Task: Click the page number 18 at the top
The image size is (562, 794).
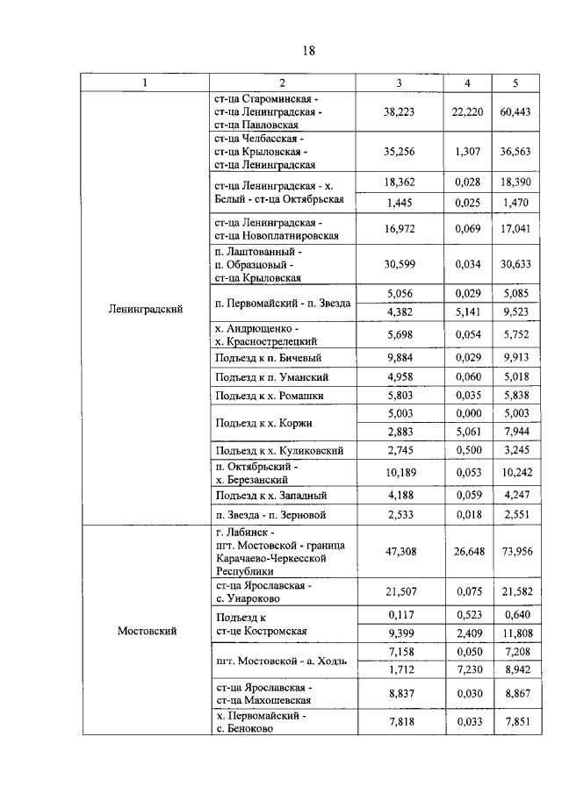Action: tap(308, 50)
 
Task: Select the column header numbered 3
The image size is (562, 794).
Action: tap(399, 82)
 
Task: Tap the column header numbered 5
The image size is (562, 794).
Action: tap(515, 82)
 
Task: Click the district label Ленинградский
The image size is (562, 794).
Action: tap(146, 309)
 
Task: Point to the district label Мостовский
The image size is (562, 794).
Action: tap(146, 630)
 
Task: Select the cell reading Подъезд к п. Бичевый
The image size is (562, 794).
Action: tap(267, 357)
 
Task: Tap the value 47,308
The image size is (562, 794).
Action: tap(399, 550)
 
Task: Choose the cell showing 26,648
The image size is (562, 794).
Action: tap(468, 550)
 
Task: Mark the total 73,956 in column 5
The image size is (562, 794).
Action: tap(515, 550)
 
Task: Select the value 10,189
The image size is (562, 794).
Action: tap(399, 474)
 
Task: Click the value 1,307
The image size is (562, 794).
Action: tap(468, 151)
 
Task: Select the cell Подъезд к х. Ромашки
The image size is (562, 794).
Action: tap(268, 396)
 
